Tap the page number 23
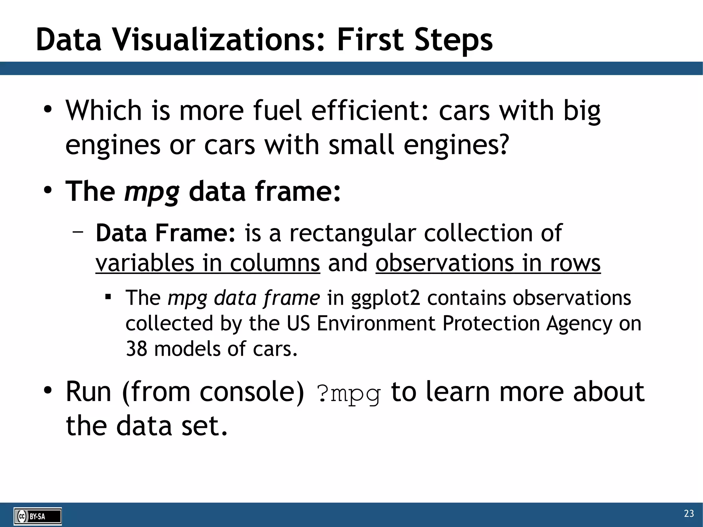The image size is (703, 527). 689,514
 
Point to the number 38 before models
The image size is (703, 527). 136,349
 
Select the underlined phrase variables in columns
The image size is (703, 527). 208,263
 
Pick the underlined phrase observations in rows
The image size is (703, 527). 488,263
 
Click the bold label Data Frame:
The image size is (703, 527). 166,233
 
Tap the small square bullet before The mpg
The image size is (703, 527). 108,296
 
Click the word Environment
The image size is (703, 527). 376,323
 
